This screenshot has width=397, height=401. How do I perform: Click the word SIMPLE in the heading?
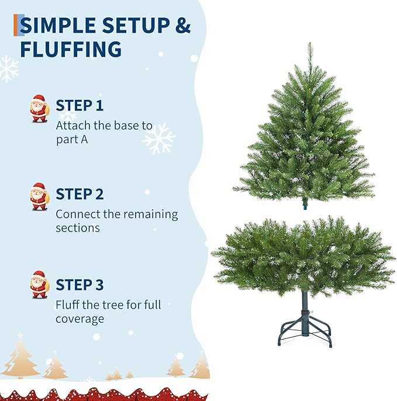tap(60, 26)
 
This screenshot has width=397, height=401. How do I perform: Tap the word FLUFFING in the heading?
tap(71, 49)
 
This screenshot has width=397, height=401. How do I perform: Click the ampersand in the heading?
tap(183, 26)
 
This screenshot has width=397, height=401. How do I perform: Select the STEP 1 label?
tap(80, 106)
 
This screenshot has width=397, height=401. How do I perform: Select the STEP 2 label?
tap(80, 194)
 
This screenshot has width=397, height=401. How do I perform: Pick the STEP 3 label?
tap(80, 285)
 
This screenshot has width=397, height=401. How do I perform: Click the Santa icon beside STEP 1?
tap(39, 109)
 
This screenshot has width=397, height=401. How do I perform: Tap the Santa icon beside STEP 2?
tap(39, 196)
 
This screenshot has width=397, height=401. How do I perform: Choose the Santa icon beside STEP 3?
tap(39, 285)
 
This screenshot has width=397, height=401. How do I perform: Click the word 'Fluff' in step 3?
tap(68, 305)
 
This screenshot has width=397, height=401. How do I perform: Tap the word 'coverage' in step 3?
tap(80, 319)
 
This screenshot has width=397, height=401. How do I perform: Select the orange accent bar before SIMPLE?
tap(16, 26)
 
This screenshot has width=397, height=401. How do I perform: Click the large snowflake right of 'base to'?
tap(159, 139)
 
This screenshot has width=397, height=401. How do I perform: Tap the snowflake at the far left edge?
tap(8, 68)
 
